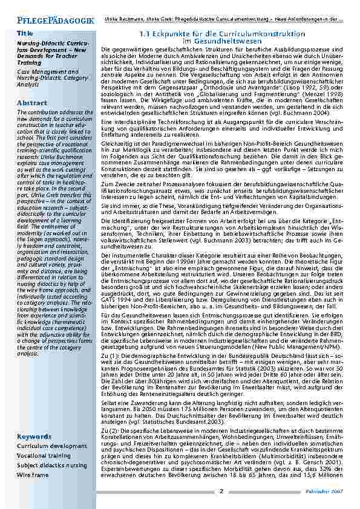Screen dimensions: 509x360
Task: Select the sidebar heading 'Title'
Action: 25,33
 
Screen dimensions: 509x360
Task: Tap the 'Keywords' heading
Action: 34,436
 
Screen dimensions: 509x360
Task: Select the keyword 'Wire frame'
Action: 33,475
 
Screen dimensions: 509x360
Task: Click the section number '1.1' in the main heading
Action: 147,34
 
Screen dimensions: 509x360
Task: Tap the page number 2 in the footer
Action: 221,491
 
